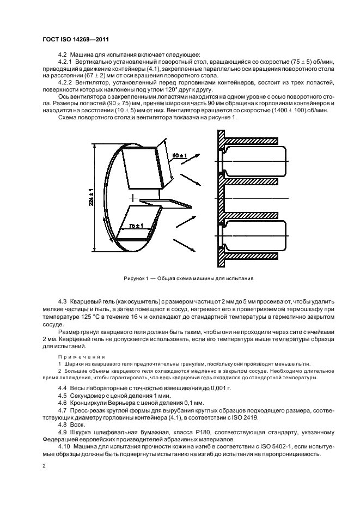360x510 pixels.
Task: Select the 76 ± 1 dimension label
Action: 136,226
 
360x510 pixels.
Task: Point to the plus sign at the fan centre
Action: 132,196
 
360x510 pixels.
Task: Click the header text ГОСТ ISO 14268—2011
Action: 75,39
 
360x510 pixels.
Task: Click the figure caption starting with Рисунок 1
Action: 188,278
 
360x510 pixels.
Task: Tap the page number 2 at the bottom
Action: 44,466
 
